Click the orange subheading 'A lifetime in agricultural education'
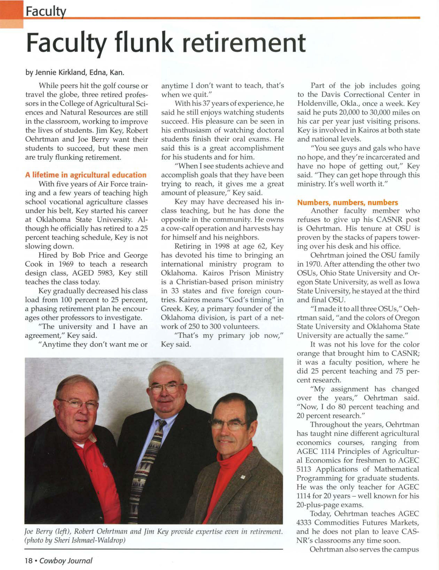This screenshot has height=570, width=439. [x=86, y=175]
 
